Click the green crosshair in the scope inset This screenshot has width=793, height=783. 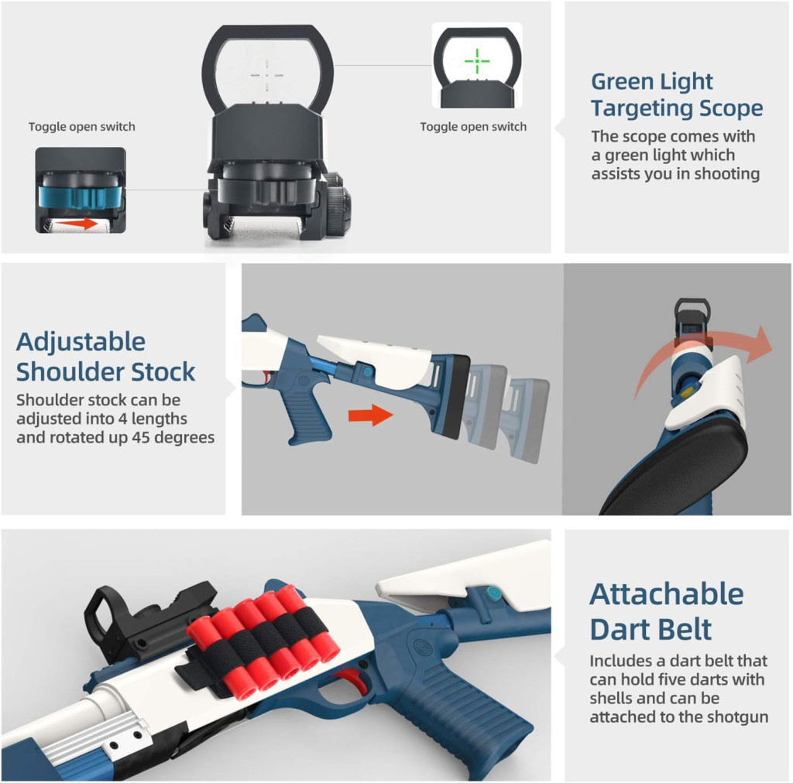(477, 62)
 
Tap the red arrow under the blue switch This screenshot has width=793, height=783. (76, 224)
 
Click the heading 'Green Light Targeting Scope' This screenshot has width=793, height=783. (677, 94)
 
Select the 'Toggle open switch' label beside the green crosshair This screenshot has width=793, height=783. (473, 127)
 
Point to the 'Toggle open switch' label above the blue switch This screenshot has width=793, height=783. (81, 127)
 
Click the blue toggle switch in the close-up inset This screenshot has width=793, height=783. (81, 197)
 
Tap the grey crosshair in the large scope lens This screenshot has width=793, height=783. (267, 76)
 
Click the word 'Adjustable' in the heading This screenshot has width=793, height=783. (81, 342)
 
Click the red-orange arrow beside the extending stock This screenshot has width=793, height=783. (371, 415)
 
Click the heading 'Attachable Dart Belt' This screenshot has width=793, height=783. (667, 611)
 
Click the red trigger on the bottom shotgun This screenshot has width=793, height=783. (355, 679)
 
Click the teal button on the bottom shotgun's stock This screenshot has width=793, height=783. (493, 593)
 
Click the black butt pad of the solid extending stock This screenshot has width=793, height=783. (451, 397)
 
